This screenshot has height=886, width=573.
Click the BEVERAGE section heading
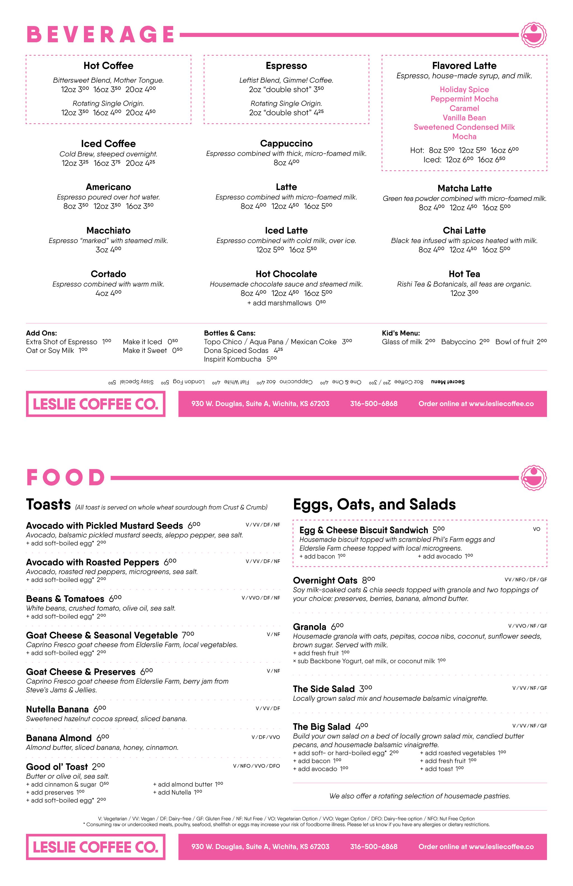coord(100,35)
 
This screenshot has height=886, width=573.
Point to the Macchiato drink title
coord(108,230)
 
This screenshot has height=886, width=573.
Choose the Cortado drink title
coord(108,274)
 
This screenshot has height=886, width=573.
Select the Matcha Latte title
coord(464,188)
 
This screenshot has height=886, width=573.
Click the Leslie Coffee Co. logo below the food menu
coord(96,847)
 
